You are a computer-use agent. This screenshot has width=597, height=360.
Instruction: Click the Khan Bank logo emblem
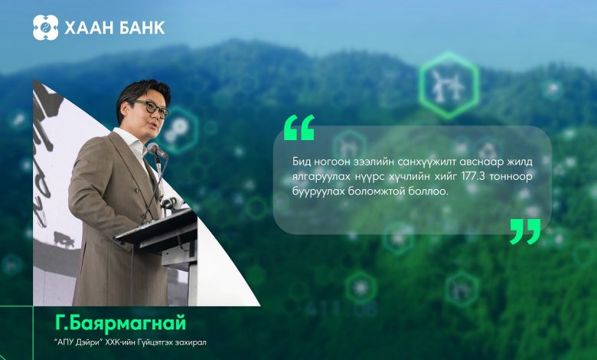pos(45,28)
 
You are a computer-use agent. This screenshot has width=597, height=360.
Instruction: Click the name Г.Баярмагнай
pos(121,323)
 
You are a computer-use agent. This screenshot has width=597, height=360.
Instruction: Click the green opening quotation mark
pos(299,128)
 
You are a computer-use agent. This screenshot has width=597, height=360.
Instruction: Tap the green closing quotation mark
pos(525,231)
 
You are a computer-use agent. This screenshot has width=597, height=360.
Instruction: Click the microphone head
pos(157,150)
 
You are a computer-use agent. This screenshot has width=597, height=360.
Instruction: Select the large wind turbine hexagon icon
pos(449,86)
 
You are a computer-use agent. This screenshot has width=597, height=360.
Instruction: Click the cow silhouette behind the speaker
pos(64,239)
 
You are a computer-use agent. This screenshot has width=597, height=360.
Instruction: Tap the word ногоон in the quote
pos(335,162)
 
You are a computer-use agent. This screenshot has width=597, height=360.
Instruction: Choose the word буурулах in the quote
pos(318,191)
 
